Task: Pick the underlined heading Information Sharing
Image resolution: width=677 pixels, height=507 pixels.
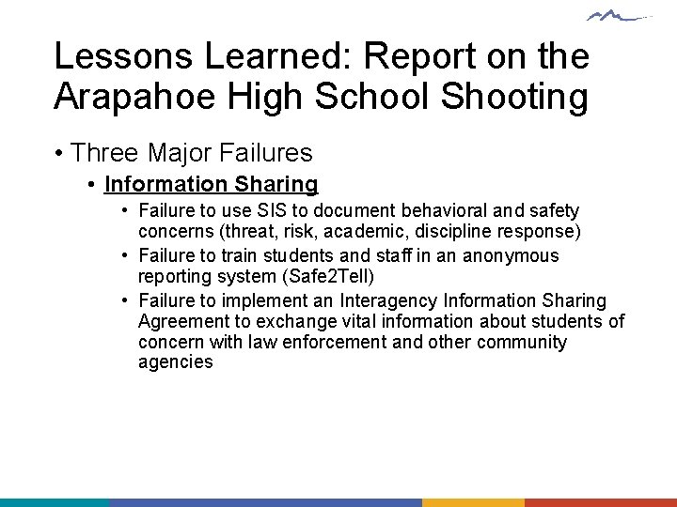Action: (212, 184)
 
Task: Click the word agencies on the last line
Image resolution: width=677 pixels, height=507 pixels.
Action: (176, 362)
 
